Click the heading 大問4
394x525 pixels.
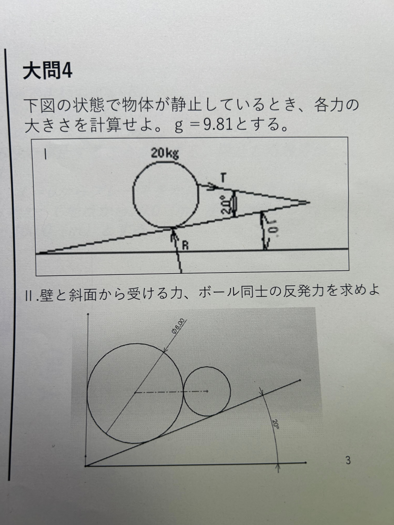pyautogui.click(x=47, y=71)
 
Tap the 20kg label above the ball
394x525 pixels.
pyautogui.click(x=165, y=153)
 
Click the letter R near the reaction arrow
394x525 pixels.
pyautogui.click(x=185, y=245)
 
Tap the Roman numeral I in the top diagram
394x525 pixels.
pyautogui.click(x=45, y=155)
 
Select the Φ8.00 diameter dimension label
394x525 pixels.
pyautogui.click(x=178, y=326)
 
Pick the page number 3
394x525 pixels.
pyautogui.click(x=348, y=460)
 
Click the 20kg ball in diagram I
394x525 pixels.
pyautogui.click(x=133, y=194)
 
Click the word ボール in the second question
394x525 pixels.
pyautogui.click(x=219, y=292)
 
